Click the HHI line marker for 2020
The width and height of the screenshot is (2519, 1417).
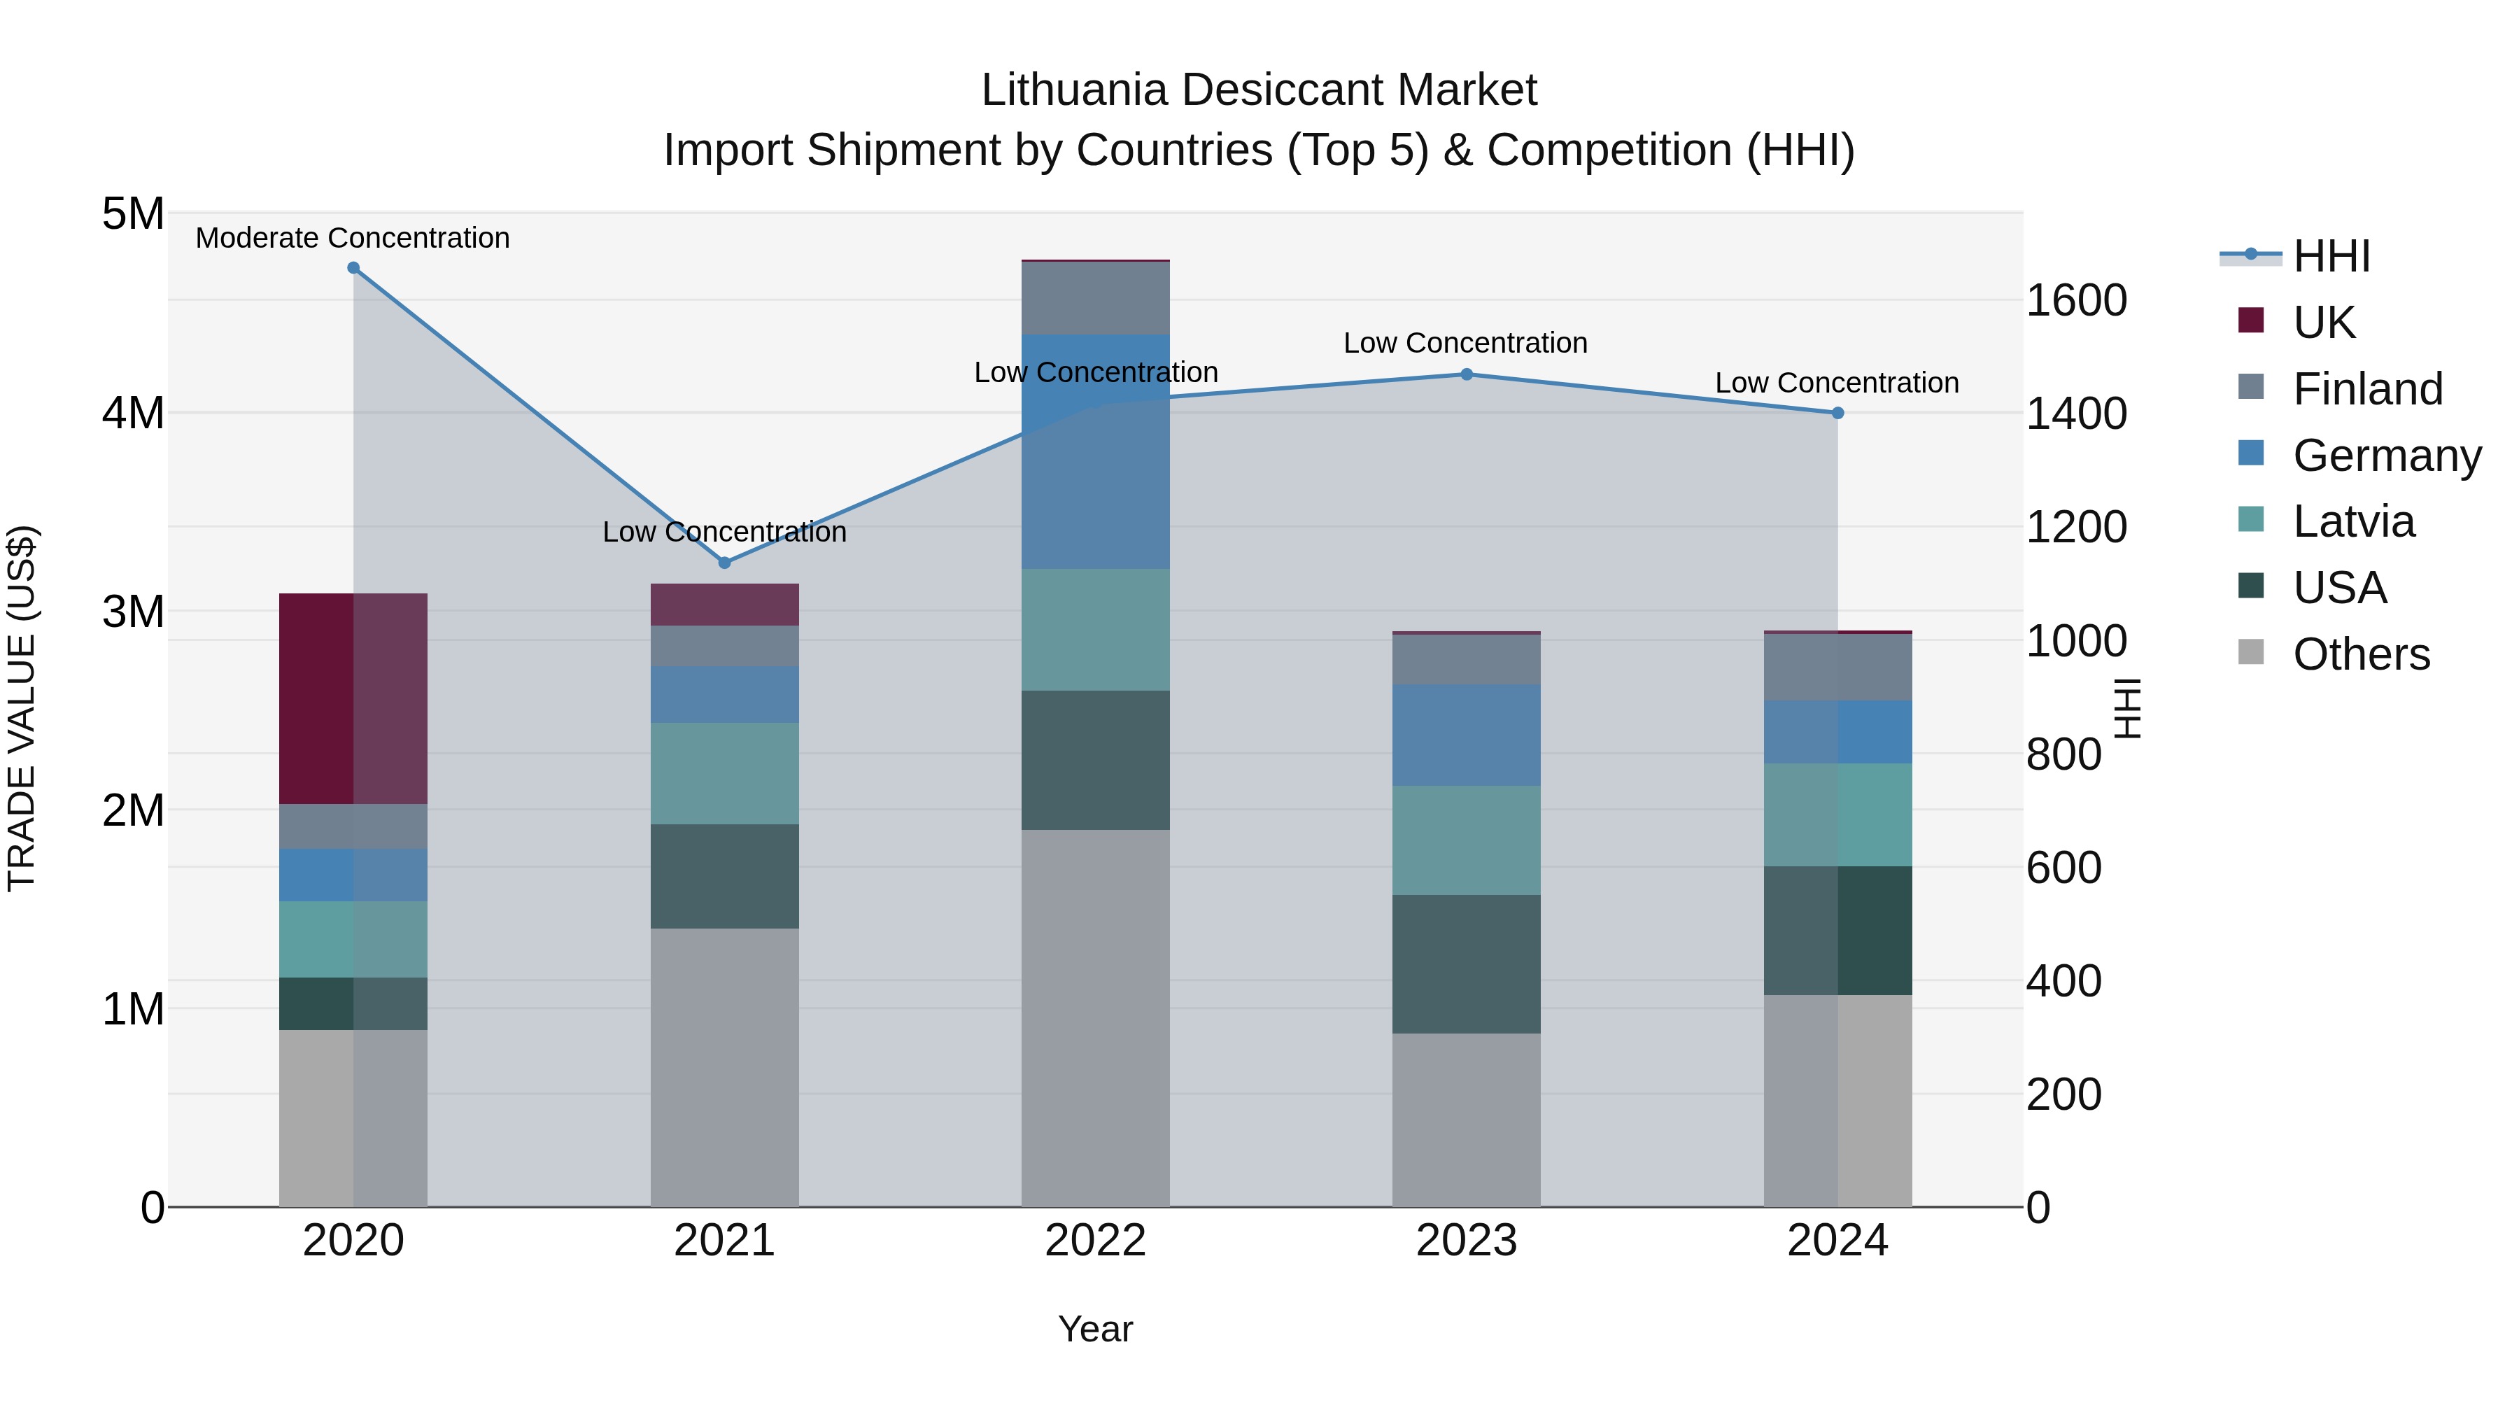(x=353, y=268)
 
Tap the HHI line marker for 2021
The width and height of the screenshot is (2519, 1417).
(x=725, y=563)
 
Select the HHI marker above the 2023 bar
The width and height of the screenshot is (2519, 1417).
(x=1467, y=374)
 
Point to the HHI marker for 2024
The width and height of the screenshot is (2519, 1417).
(x=1837, y=413)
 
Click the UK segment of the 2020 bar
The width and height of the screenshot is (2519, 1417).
(x=353, y=698)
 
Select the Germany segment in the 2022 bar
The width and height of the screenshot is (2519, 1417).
(x=1095, y=452)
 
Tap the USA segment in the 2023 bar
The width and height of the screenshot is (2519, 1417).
(x=1467, y=964)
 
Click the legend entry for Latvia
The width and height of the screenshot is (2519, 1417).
(x=2352, y=521)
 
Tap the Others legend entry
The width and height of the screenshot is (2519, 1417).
(x=2361, y=654)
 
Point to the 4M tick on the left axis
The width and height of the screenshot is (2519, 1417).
(x=133, y=413)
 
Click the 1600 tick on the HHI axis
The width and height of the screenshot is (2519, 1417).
(x=2076, y=300)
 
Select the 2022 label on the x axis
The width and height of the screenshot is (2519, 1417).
(x=1095, y=1241)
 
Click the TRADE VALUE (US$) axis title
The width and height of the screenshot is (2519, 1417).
(x=22, y=708)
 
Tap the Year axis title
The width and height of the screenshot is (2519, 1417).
(x=1095, y=1329)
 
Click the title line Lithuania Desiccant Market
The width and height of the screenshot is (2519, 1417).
(x=1259, y=90)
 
